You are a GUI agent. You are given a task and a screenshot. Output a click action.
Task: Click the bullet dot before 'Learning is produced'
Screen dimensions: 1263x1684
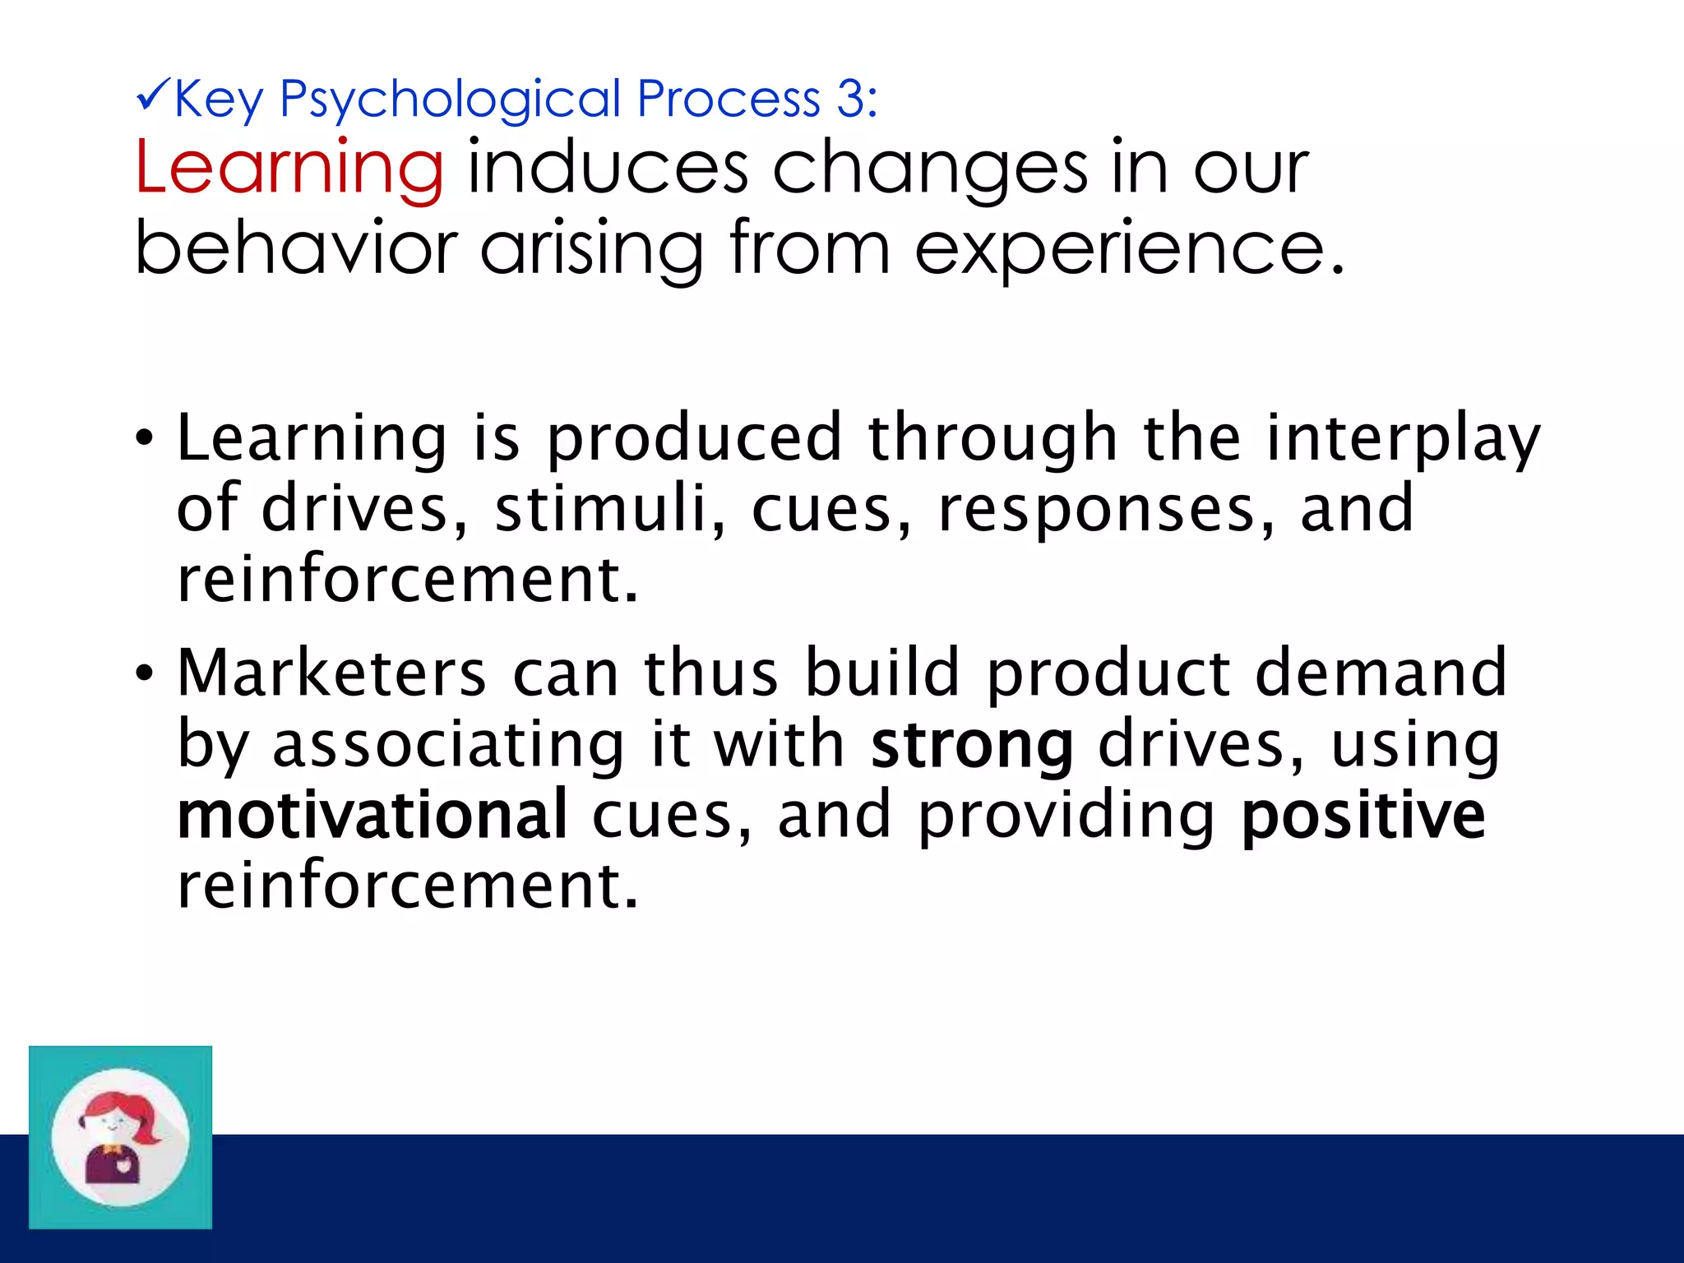point(145,438)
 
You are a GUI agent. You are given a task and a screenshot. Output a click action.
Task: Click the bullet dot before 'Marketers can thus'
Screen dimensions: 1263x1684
point(145,673)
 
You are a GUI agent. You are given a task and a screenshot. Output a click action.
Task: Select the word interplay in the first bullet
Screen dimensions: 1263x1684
point(1403,440)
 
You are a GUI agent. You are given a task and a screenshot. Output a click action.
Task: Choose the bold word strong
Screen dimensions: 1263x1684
point(972,746)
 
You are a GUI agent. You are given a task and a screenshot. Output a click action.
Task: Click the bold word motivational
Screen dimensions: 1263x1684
point(372,815)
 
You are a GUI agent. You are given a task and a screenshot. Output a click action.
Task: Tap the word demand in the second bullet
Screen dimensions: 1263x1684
point(1381,673)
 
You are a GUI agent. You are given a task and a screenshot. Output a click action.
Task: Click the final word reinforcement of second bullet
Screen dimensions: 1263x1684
point(407,886)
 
